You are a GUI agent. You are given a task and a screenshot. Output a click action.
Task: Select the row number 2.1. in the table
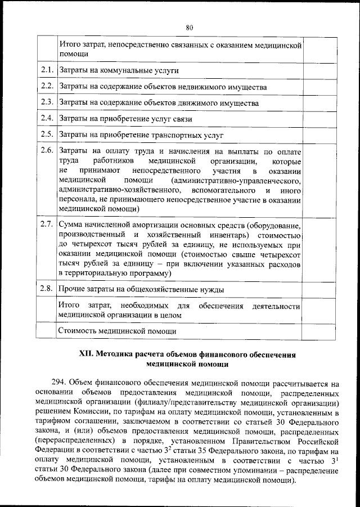(47, 71)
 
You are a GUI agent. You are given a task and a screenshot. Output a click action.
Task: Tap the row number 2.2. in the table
(47, 87)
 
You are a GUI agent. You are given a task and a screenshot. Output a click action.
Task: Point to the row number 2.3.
(47, 103)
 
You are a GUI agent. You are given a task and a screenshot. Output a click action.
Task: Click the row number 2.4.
(47, 119)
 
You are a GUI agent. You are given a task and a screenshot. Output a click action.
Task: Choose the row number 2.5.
(47, 135)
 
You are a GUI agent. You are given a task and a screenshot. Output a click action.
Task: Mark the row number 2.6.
(47, 151)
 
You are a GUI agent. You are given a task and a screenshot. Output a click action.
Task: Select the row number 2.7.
(47, 224)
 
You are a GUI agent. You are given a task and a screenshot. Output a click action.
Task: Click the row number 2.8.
(47, 289)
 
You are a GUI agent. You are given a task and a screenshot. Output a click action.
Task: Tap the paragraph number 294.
(64, 380)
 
